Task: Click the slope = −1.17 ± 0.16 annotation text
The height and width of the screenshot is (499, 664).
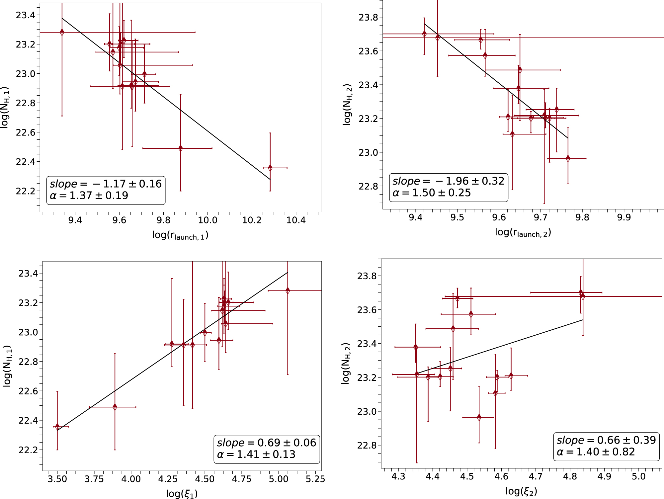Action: tap(106, 184)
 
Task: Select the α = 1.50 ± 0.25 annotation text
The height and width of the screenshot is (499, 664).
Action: tap(432, 193)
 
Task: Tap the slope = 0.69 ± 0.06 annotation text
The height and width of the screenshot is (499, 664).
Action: tap(267, 443)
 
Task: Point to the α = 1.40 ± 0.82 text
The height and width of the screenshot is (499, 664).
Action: tap(596, 452)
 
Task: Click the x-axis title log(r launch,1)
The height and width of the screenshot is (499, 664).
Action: tap(180, 235)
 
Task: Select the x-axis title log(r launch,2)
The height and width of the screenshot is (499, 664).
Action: tap(523, 233)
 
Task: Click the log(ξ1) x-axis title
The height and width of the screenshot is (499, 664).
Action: tap(182, 494)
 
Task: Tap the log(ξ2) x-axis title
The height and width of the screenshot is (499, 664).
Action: tap(521, 491)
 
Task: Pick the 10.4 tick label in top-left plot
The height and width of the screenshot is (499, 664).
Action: tap(296, 220)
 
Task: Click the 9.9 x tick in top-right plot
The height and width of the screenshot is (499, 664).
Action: tap(624, 217)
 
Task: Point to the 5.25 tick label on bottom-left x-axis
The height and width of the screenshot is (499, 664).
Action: tap(315, 479)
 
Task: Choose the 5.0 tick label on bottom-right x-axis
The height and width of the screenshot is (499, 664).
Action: tap(638, 477)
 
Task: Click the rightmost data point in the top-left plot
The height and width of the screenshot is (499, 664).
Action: tap(270, 168)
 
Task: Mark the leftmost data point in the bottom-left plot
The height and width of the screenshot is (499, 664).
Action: tap(57, 427)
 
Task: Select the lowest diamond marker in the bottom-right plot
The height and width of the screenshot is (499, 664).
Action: tap(479, 417)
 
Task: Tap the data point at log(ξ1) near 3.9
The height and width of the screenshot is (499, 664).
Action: tap(115, 407)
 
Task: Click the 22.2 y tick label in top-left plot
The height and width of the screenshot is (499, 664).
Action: tap(26, 191)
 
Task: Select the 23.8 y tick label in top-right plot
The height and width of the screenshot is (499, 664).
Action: tap(368, 17)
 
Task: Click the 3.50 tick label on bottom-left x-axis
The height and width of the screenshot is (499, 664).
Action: tap(57, 479)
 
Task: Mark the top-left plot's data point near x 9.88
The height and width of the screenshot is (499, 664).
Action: tap(181, 148)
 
